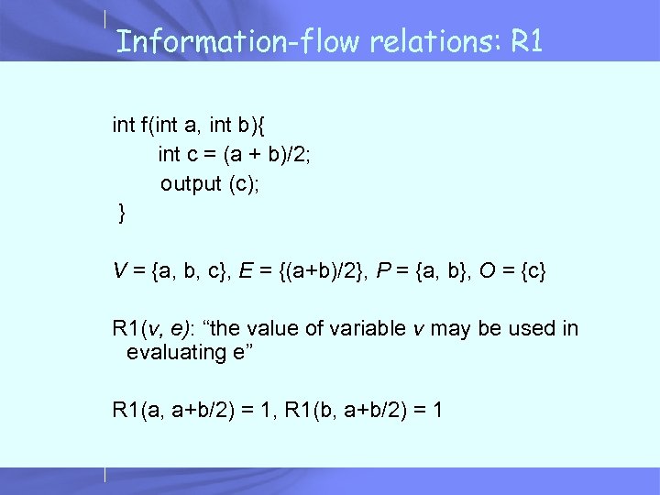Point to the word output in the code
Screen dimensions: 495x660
pos(191,184)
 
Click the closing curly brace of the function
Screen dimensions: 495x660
pos(122,214)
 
